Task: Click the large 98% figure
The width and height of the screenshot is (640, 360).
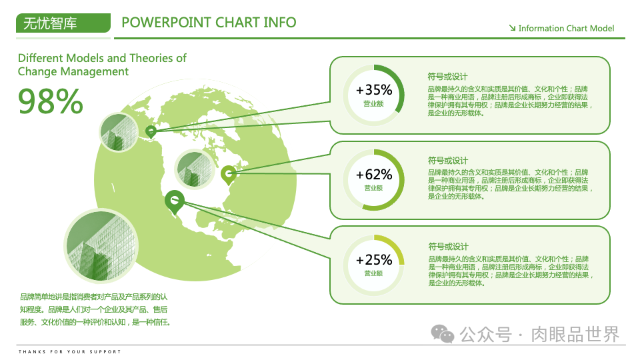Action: point(51,101)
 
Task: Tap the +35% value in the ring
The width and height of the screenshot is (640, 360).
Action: point(374,89)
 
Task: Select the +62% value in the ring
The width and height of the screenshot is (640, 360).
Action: point(374,175)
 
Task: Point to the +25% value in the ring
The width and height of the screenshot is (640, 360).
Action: point(374,259)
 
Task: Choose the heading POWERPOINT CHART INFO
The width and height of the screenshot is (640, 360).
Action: point(209,22)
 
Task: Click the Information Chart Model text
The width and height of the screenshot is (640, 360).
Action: point(566,28)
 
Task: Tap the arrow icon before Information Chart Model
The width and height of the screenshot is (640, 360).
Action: point(512,28)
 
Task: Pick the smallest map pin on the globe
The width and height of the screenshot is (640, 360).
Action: point(151,131)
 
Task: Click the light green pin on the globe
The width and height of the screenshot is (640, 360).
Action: point(228,174)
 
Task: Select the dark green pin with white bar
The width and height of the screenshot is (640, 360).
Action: point(175,201)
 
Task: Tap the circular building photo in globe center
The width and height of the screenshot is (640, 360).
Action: point(194,166)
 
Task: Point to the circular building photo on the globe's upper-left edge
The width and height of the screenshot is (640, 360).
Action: point(118,131)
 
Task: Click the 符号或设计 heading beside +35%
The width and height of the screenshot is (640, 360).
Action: point(448,76)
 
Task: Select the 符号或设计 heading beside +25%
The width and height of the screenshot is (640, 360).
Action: point(448,247)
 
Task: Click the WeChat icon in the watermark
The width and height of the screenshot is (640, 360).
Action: point(443,333)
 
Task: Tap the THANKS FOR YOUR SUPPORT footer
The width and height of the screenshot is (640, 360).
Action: point(70,351)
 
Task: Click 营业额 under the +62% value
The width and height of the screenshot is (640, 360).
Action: point(373,188)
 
